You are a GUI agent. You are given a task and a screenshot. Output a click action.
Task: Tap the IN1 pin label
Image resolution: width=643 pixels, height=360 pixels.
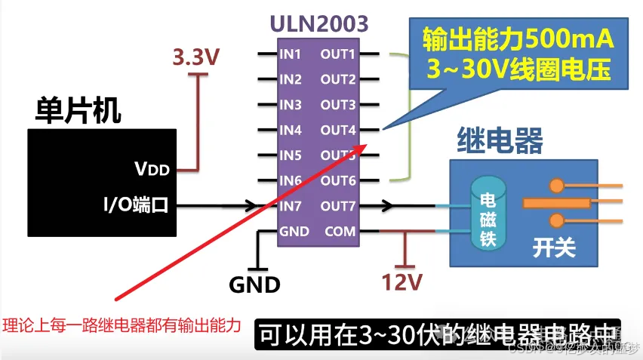coord(290,54)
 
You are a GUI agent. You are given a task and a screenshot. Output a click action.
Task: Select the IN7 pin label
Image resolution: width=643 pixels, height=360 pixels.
coord(291,206)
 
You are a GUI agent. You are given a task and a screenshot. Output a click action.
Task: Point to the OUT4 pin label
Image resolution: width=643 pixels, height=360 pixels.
coord(337,131)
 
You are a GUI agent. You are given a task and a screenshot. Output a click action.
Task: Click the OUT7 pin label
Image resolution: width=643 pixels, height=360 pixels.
coord(337,206)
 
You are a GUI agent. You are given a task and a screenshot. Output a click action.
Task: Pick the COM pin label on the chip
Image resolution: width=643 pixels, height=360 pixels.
coord(340,232)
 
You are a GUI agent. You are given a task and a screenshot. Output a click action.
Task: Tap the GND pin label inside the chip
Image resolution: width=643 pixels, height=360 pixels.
coord(294,232)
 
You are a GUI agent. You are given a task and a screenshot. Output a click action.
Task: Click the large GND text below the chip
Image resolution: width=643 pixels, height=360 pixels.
coord(254,285)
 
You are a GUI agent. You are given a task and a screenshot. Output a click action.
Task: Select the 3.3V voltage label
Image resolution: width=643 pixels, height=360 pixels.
coord(197,57)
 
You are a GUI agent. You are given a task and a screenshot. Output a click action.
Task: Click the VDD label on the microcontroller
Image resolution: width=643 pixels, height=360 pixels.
coord(152,168)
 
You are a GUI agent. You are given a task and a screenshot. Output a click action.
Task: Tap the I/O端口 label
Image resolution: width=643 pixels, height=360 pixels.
coord(135,205)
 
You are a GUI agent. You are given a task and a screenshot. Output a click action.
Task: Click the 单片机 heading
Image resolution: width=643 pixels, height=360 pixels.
coord(78,111)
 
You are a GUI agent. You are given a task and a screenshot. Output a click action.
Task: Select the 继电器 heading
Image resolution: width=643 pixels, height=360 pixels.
coord(500,140)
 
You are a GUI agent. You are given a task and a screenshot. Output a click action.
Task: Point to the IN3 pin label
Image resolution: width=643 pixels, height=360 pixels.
coord(291,105)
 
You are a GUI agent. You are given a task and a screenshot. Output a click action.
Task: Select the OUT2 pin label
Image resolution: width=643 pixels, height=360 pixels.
coord(337,80)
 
